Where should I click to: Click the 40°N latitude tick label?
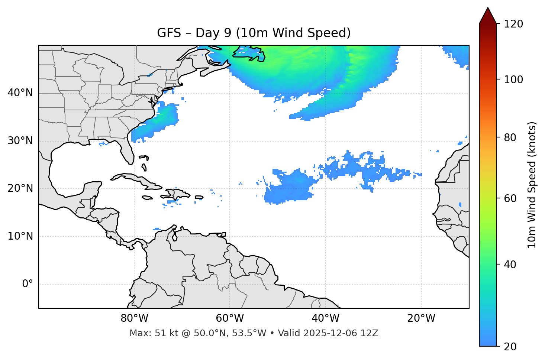[x=20, y=93]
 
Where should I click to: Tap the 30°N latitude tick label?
[x=20, y=141]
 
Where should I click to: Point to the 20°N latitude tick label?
[x=20, y=188]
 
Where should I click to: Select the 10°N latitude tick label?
[x=20, y=236]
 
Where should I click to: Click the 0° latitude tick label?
[x=28, y=284]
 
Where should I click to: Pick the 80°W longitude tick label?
[x=134, y=318]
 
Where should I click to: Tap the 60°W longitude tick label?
[x=230, y=318]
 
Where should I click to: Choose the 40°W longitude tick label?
[x=325, y=318]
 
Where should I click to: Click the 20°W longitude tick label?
[x=421, y=318]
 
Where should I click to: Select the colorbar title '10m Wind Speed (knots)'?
[x=532, y=185]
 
